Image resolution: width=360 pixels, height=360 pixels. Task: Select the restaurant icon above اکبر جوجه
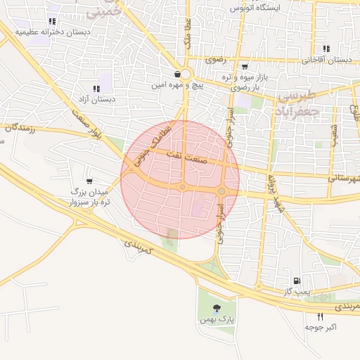click(x=321, y=317)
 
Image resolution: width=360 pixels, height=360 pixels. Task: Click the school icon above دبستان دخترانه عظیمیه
click(x=53, y=21)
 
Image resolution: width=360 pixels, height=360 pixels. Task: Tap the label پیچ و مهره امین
click(x=179, y=84)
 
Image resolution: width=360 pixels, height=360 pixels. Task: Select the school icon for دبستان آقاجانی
click(x=326, y=49)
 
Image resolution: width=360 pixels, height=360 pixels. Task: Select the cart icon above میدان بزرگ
click(x=88, y=181)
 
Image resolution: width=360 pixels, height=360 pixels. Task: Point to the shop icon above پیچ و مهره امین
click(x=179, y=72)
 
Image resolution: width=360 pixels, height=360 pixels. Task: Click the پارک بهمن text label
click(x=216, y=320)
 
